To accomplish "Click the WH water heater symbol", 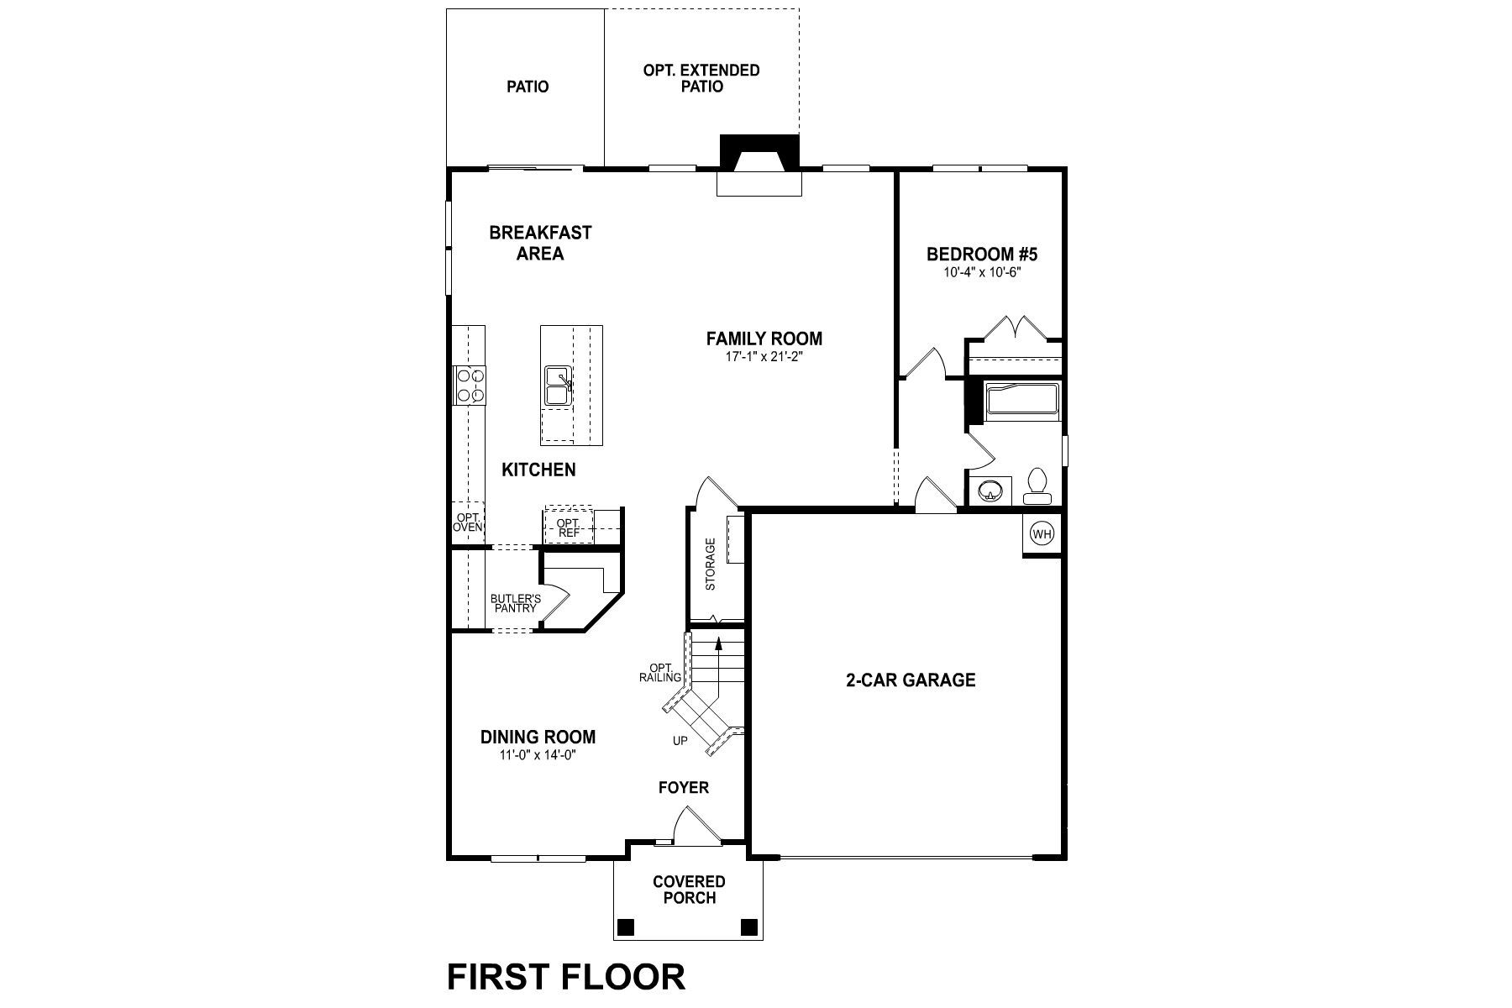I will (x=1042, y=534).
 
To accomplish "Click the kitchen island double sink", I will (x=558, y=386).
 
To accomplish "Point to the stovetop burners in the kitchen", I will (x=469, y=385).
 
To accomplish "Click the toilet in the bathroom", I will (x=1037, y=486).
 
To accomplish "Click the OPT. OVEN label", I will (x=468, y=522).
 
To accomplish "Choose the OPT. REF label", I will (x=569, y=528).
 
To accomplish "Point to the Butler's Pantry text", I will (x=516, y=603).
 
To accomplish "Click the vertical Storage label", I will (x=711, y=564).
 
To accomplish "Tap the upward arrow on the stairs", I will (x=718, y=644).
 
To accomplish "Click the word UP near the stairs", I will (x=680, y=741).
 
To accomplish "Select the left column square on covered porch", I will (x=625, y=927).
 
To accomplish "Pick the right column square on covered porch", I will (x=748, y=927).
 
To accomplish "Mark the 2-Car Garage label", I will (x=910, y=680).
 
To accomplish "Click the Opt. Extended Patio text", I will (x=701, y=78).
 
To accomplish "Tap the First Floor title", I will (x=565, y=977).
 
